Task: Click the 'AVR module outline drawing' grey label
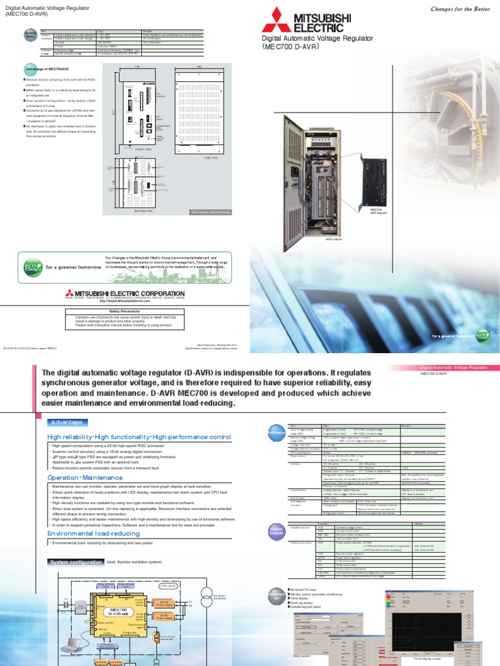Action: (x=211, y=212)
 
